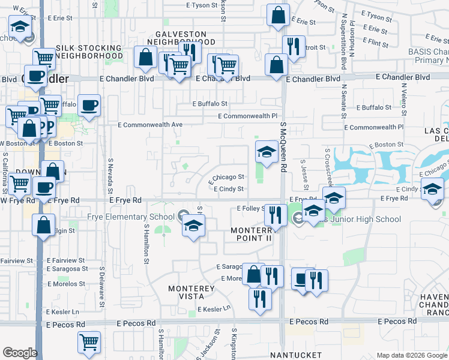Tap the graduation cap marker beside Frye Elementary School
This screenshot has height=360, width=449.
(193, 226)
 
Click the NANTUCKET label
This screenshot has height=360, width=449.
(295, 355)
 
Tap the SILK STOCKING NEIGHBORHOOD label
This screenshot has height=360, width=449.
(89, 52)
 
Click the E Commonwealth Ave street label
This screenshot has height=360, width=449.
(150, 125)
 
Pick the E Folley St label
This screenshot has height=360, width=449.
(251, 208)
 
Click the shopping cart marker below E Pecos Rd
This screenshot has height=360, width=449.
(89, 342)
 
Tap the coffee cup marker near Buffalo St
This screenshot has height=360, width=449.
(89, 106)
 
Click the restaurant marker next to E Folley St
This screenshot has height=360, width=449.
(275, 214)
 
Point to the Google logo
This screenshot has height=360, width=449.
(20, 353)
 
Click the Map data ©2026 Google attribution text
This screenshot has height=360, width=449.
(411, 355)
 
